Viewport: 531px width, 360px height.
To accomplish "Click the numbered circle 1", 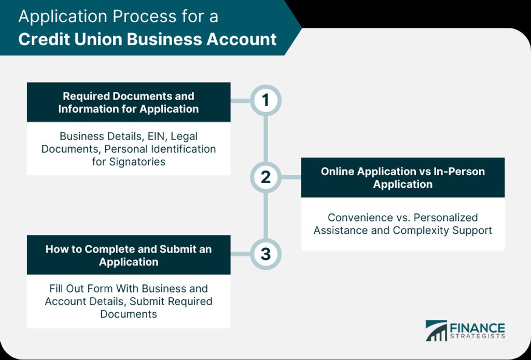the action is click(265, 100).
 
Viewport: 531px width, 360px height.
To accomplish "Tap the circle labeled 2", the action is click(265, 177).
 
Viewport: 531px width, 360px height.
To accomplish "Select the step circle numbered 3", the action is click(265, 254).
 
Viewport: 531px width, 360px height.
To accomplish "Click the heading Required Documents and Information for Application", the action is click(129, 102).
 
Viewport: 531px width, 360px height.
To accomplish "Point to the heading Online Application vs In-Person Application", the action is click(403, 177).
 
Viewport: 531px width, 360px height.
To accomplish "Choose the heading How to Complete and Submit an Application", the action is click(129, 255).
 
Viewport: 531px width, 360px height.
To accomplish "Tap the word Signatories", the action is click(137, 161).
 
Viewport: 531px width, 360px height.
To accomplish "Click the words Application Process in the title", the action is click(89, 16).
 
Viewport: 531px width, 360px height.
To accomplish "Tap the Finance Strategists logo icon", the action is click(436, 330).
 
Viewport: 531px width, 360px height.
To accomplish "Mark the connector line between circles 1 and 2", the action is click(265, 139).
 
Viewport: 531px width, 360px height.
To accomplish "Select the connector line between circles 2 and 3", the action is click(265, 216).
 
